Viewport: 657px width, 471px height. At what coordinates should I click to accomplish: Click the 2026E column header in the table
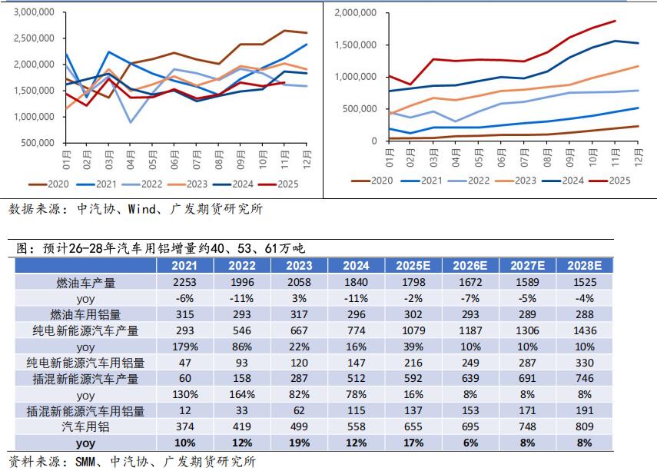click(x=470, y=265)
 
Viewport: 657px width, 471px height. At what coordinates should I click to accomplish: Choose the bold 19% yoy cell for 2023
click(x=300, y=443)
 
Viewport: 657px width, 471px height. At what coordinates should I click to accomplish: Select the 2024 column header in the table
click(x=356, y=265)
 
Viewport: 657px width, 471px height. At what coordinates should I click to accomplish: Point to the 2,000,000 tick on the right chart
click(x=357, y=13)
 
